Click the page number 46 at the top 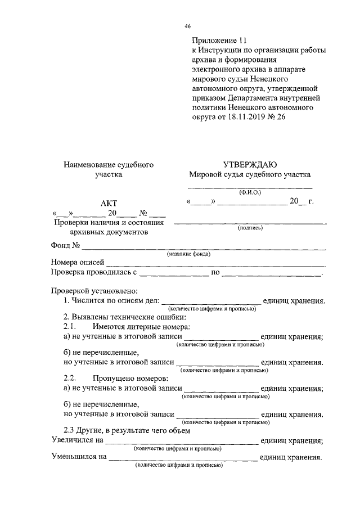click(x=188, y=26)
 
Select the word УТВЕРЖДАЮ click(x=250, y=165)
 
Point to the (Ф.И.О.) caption click(x=250, y=192)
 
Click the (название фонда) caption click(x=188, y=254)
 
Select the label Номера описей click(x=77, y=263)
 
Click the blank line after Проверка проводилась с click(x=174, y=274)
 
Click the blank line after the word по click(x=271, y=274)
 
